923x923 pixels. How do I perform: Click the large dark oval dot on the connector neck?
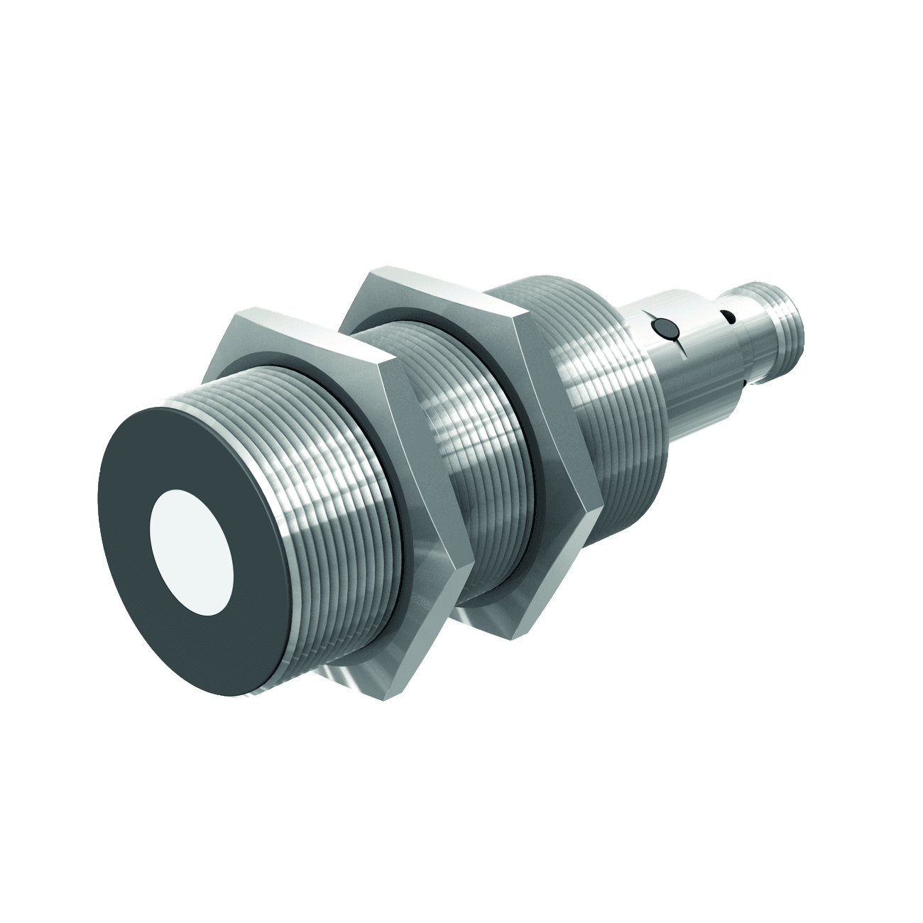(663, 328)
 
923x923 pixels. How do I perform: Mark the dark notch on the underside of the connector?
(740, 383)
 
